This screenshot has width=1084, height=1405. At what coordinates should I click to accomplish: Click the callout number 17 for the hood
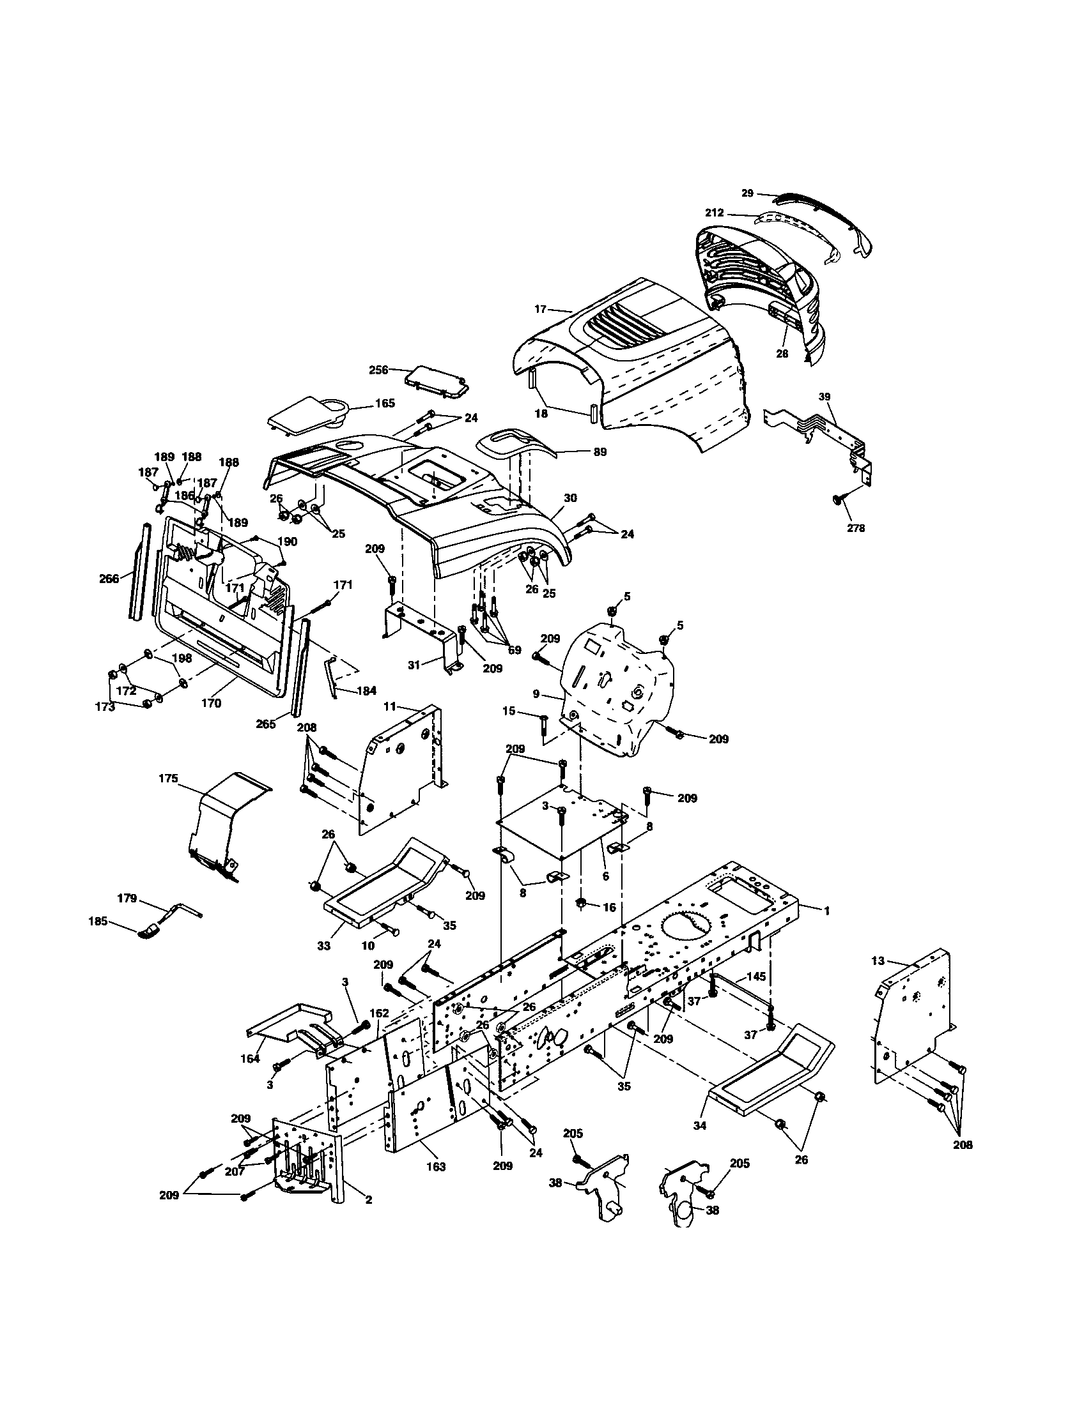pyautogui.click(x=540, y=310)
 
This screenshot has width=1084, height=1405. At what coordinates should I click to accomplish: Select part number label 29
pyautogui.click(x=747, y=192)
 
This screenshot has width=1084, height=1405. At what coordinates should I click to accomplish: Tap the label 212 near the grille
pyautogui.click(x=715, y=212)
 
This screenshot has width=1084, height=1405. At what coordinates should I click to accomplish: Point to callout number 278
pyautogui.click(x=856, y=528)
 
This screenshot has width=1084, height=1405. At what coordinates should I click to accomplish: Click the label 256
pyautogui.click(x=378, y=370)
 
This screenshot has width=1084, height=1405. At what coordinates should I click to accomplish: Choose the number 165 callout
pyautogui.click(x=385, y=404)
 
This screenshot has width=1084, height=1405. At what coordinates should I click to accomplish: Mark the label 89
pyautogui.click(x=600, y=452)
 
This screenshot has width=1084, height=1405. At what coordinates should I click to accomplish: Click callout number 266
pyautogui.click(x=109, y=579)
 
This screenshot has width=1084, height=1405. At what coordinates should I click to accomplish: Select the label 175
pyautogui.click(x=167, y=778)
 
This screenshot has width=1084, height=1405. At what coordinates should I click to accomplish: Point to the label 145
pyautogui.click(x=756, y=976)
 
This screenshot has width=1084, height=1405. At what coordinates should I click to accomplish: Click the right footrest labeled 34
pyautogui.click(x=773, y=1081)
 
